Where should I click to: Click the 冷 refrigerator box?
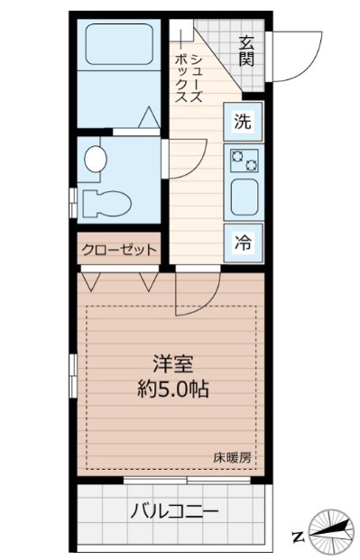[x=243, y=241]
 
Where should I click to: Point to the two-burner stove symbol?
[x=244, y=161]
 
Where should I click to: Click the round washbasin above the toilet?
[x=94, y=160]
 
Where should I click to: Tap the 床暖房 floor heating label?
[x=233, y=456]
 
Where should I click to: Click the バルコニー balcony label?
[x=173, y=511]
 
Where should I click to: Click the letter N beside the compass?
[x=297, y=537]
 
